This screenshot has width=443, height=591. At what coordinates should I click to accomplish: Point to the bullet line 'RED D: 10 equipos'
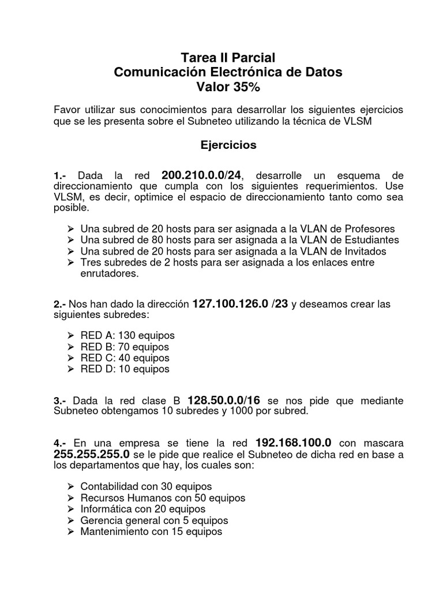[125, 369]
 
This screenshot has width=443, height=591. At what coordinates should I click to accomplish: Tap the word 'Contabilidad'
[110, 486]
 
